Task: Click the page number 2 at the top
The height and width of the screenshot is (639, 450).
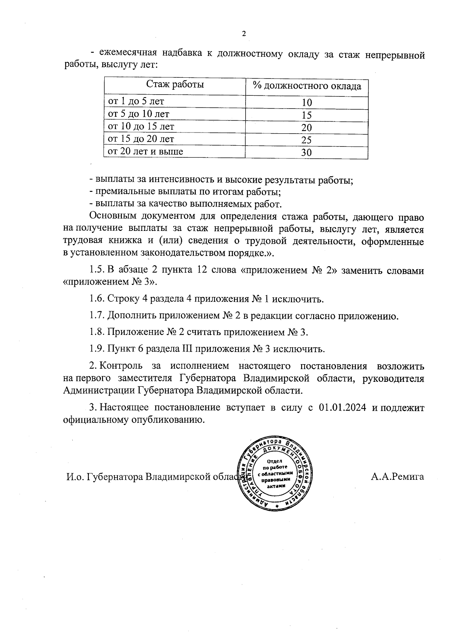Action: [244, 34]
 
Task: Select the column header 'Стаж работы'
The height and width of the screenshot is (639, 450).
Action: [175, 84]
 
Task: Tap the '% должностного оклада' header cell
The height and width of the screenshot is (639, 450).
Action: [307, 86]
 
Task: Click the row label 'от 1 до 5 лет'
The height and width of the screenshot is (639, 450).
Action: [136, 101]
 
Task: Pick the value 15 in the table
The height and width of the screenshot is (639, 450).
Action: [307, 115]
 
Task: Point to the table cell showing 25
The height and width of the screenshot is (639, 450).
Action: [307, 140]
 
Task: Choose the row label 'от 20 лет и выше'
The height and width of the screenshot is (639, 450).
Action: [145, 152]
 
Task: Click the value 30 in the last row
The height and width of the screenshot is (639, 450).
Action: [307, 152]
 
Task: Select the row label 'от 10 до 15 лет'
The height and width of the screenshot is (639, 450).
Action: [141, 127]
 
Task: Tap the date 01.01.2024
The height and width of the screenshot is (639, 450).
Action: [342, 408]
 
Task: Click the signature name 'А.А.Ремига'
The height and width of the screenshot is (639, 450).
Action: [398, 477]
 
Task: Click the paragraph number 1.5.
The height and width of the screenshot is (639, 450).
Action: [97, 271]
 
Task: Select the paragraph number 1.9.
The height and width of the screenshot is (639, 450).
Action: [97, 349]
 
